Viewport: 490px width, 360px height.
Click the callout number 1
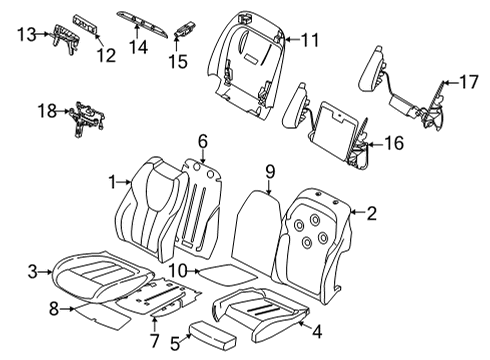click(x=113, y=181)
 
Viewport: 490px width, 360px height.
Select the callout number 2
click(x=372, y=212)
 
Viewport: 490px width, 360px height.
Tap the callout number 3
click(x=33, y=270)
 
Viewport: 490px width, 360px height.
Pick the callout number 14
click(x=141, y=46)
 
